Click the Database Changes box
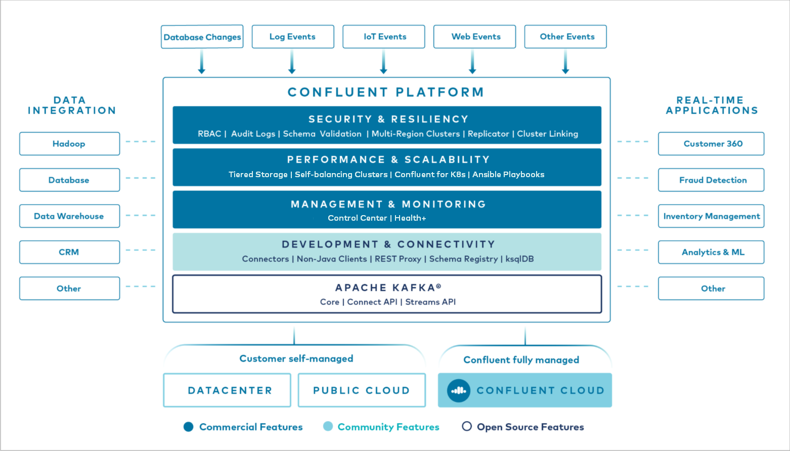[202, 37]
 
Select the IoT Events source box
[384, 37]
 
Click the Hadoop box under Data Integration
[69, 144]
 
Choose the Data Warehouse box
[69, 216]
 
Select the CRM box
[69, 252]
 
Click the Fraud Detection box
[711, 180]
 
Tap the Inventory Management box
[711, 216]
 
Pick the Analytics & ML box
[711, 252]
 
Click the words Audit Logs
[253, 134]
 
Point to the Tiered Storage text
[258, 174]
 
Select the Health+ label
[410, 218]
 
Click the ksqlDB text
[519, 259]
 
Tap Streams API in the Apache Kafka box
[430, 302]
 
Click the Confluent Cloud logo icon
[459, 391]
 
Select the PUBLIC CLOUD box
[362, 390]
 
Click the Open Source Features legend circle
[467, 426]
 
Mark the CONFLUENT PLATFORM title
[386, 92]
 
